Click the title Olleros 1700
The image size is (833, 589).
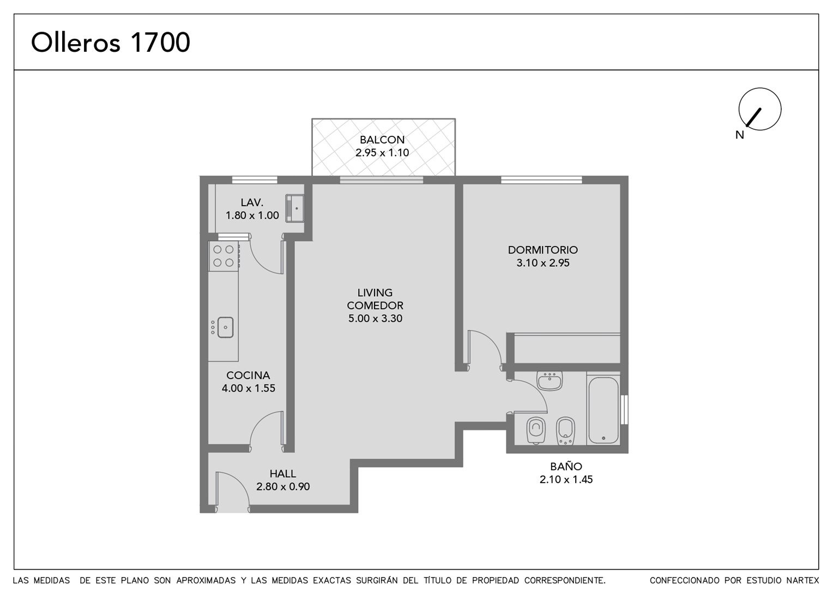(x=111, y=43)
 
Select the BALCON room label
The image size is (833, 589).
(x=382, y=140)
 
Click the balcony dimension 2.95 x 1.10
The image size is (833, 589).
(x=382, y=153)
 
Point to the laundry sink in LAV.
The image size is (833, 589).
(x=294, y=208)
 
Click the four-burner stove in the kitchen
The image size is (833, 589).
(x=224, y=256)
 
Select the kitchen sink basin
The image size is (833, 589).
(x=225, y=327)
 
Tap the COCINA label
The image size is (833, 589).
(x=248, y=375)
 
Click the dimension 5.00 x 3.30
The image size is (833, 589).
(x=375, y=318)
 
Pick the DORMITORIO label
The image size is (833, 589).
(x=543, y=250)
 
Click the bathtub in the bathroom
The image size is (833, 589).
(x=603, y=410)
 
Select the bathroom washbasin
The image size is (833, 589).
(x=550, y=381)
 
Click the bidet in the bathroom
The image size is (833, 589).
(x=566, y=431)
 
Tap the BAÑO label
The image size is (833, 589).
(x=566, y=466)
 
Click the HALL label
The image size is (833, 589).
(x=283, y=474)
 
